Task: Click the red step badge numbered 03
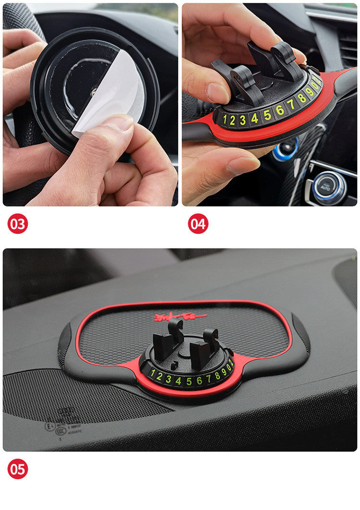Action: pyautogui.click(x=18, y=224)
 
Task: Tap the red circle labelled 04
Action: pyautogui.click(x=198, y=224)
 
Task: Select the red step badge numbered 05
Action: pyautogui.click(x=18, y=469)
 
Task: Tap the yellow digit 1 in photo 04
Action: pyautogui.click(x=224, y=120)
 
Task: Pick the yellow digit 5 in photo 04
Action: pyautogui.click(x=267, y=114)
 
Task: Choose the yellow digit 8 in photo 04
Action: pyautogui.click(x=301, y=98)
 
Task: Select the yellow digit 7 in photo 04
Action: pyautogui.click(x=290, y=104)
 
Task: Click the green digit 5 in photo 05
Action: pyautogui.click(x=188, y=381)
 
